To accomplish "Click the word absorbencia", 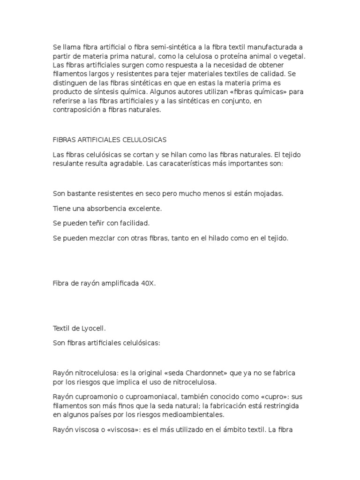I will coord(104,208).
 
